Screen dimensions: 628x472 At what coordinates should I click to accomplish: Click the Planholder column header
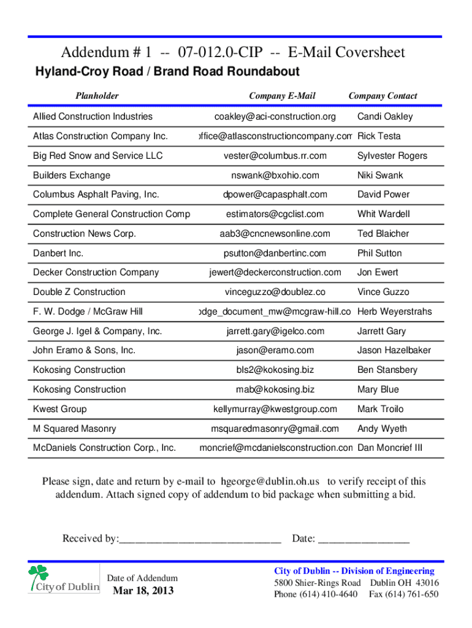pos(97,96)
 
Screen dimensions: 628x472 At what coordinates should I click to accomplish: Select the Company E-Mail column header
pos(282,96)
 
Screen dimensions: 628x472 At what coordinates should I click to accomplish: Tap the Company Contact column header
pos(383,96)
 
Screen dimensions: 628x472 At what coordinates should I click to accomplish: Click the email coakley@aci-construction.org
pos(275,117)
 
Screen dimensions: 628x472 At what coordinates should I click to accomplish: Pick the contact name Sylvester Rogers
pos(392,156)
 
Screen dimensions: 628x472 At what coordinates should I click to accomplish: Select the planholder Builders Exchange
pos(72,175)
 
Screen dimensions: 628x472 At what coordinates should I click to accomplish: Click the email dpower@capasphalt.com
pos(275,194)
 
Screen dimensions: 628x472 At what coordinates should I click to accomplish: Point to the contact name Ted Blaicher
pos(383,234)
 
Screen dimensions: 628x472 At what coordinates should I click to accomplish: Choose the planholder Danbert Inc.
pos(58,253)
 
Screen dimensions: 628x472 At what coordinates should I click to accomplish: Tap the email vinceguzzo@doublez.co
pos(275,292)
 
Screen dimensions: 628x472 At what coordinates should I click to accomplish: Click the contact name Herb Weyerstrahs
pos(395,312)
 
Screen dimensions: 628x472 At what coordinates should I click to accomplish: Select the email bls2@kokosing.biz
pos(275,370)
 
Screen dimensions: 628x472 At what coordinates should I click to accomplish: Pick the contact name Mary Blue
pos(378,389)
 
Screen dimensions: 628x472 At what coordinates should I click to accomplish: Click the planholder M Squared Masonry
pos(74,429)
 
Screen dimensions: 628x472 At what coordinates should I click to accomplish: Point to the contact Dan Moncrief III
pos(390,448)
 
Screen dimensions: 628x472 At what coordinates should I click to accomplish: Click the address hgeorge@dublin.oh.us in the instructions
pos(270,481)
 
